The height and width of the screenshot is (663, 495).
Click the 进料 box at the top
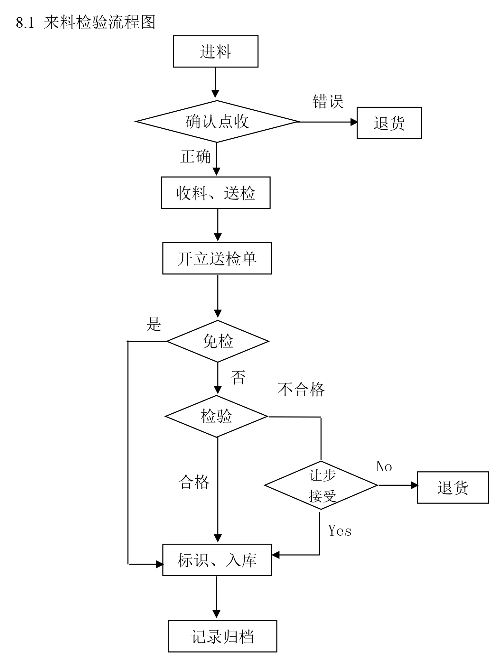(216, 51)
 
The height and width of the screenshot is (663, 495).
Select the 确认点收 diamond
(217, 122)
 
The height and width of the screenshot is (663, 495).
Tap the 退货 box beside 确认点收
(389, 123)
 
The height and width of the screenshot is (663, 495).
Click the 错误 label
(328, 102)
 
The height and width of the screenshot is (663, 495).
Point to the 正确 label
(195, 157)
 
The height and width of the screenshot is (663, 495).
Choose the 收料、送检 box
(216, 193)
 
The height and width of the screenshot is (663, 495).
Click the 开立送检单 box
(217, 258)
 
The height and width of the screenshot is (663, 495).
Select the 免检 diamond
(218, 341)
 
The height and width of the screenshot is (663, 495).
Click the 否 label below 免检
(238, 377)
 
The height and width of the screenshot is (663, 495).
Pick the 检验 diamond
(217, 416)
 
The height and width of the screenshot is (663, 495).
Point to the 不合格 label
(301, 389)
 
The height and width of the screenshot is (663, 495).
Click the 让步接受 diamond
(321, 485)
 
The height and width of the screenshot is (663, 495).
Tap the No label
(384, 466)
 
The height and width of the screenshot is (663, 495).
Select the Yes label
(340, 531)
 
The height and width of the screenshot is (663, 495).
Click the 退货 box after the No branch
(453, 487)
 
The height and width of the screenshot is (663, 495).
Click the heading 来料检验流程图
(99, 23)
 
